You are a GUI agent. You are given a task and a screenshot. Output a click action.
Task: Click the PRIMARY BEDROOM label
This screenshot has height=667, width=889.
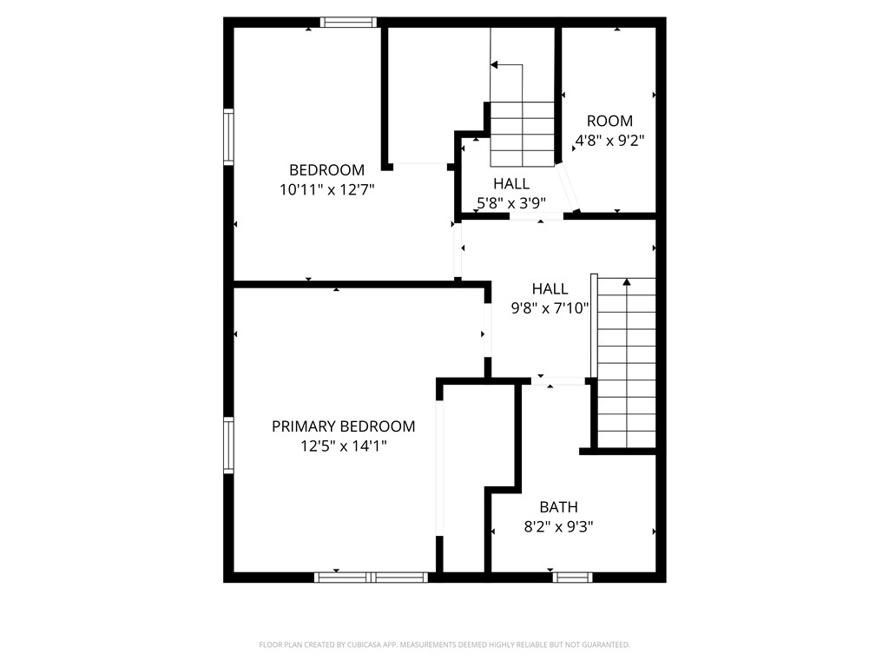(x=343, y=426)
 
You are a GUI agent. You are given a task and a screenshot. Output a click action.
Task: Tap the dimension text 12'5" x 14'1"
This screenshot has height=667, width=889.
(x=344, y=446)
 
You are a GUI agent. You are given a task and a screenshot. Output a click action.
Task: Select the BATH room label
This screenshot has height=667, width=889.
(x=558, y=507)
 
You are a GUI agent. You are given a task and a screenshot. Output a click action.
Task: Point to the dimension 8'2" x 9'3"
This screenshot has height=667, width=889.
(x=558, y=527)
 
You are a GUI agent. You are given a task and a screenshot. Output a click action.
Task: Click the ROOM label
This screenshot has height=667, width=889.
(x=609, y=121)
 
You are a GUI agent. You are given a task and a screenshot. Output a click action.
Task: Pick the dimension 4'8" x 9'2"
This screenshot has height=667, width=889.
(x=609, y=140)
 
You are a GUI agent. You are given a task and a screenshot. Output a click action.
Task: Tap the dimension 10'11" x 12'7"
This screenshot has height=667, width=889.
(x=327, y=189)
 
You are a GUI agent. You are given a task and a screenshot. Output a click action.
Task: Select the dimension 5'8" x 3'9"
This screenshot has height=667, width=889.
(x=510, y=203)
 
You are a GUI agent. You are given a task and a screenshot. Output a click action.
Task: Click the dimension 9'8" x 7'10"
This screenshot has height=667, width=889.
(x=550, y=308)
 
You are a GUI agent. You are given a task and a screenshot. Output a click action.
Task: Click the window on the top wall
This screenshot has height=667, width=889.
(x=348, y=22)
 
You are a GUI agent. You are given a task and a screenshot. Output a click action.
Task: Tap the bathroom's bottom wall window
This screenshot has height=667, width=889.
(x=573, y=578)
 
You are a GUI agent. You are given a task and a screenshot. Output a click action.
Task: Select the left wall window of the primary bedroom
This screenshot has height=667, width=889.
(x=228, y=446)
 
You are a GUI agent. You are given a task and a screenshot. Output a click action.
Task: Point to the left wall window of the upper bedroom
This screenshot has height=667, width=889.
(x=228, y=136)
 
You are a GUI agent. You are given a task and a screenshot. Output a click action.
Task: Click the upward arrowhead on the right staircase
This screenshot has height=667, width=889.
(x=627, y=281)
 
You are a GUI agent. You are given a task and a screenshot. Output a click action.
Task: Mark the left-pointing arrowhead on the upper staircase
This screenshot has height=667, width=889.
(x=494, y=65)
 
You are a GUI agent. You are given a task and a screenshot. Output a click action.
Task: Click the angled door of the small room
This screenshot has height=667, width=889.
(x=568, y=188)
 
